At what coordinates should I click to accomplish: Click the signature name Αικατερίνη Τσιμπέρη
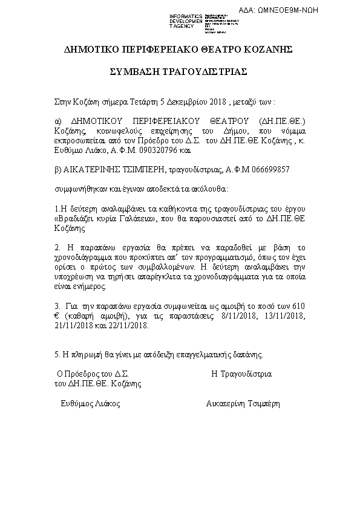click(x=243, y=403)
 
